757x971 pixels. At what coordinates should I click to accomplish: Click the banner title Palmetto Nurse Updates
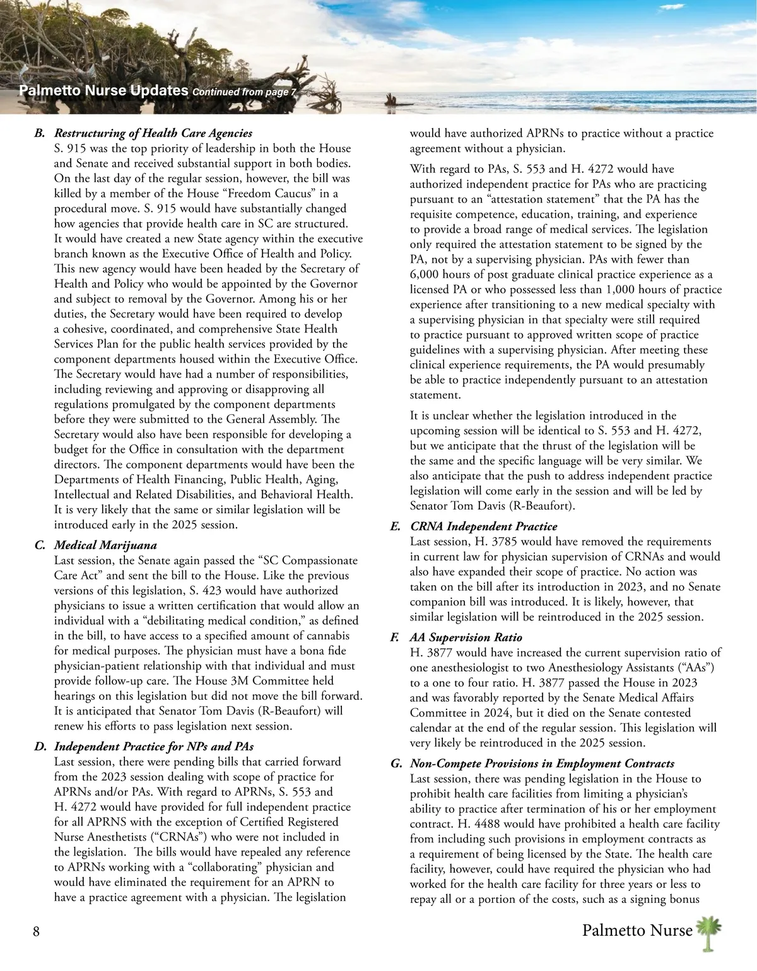coord(104,90)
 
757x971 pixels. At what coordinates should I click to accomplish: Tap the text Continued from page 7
coord(244,92)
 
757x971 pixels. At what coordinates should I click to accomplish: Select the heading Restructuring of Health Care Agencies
coord(153,133)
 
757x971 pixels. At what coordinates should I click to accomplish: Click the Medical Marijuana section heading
coord(105,545)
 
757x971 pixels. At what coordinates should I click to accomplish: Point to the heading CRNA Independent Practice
coord(483,526)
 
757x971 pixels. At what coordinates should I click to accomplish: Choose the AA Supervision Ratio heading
coord(466,637)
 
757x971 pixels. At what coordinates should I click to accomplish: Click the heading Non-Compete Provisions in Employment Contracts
coord(542,764)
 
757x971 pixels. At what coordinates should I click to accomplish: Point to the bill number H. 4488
coord(460,823)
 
